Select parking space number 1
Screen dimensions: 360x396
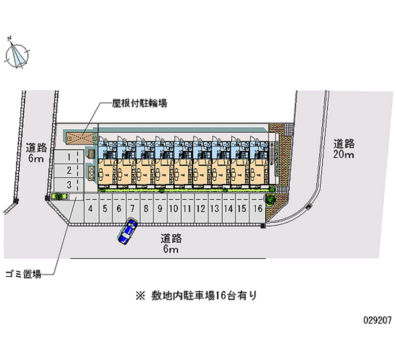point(69,157)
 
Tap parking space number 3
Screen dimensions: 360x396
point(69,185)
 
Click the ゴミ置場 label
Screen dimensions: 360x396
point(23,273)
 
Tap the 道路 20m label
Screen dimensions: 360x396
point(344,149)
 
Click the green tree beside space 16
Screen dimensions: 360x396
point(271,200)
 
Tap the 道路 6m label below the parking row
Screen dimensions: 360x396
point(171,244)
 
